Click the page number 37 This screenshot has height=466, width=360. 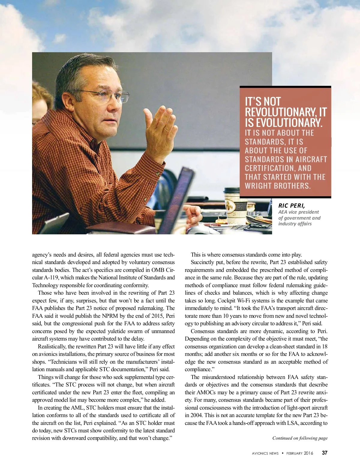325,453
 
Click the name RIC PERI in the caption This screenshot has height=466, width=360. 291,206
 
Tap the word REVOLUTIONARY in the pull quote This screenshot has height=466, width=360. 280,112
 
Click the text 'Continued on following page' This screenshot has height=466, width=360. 300,438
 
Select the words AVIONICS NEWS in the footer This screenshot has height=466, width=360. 265,453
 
